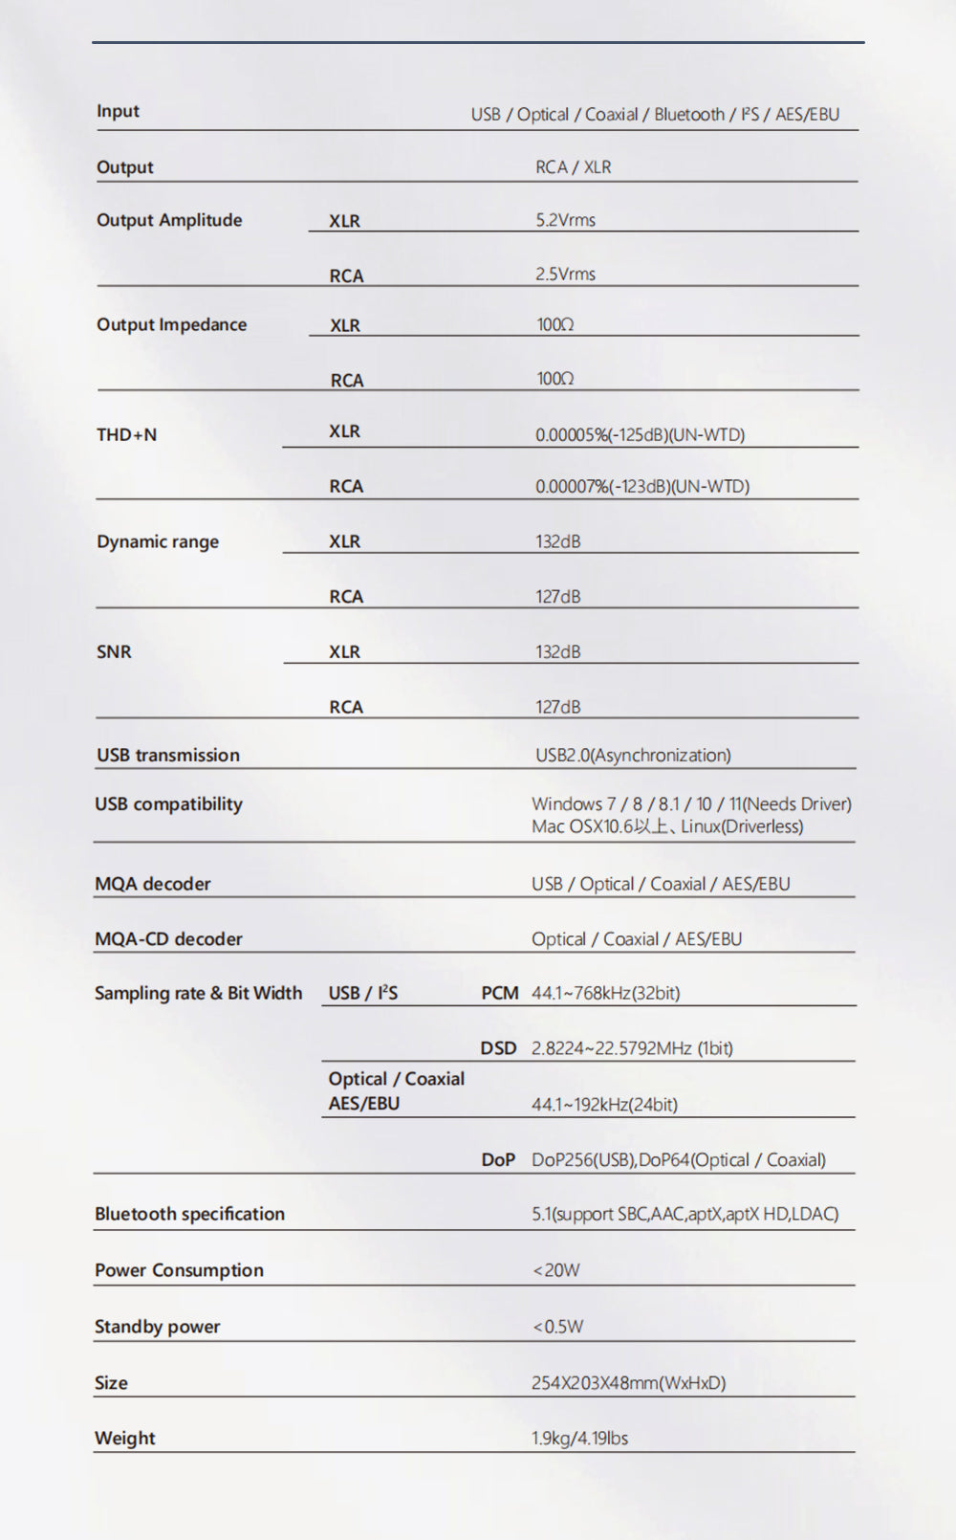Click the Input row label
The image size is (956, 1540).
[118, 111]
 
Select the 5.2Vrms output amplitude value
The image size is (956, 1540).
[565, 220]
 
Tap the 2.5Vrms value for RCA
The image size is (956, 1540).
[565, 275]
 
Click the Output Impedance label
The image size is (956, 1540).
[171, 324]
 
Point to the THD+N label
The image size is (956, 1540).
[126, 434]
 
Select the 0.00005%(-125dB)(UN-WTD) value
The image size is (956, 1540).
[640, 435]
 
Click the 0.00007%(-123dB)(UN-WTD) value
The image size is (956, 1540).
[641, 487]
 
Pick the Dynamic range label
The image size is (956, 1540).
[158, 541]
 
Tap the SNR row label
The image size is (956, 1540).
[114, 651]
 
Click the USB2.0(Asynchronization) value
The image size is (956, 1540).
[633, 756]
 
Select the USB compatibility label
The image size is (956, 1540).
[168, 803]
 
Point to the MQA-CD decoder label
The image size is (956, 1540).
[168, 939]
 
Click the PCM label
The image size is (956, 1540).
[499, 993]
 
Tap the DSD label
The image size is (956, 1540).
[498, 1048]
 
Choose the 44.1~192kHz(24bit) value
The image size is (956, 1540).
[604, 1105]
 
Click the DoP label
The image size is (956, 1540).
[498, 1159]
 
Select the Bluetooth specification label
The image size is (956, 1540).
[189, 1214]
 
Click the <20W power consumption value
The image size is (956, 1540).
[555, 1270]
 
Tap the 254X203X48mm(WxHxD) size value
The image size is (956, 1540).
[628, 1383]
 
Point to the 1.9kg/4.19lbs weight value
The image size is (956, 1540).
[579, 1439]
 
